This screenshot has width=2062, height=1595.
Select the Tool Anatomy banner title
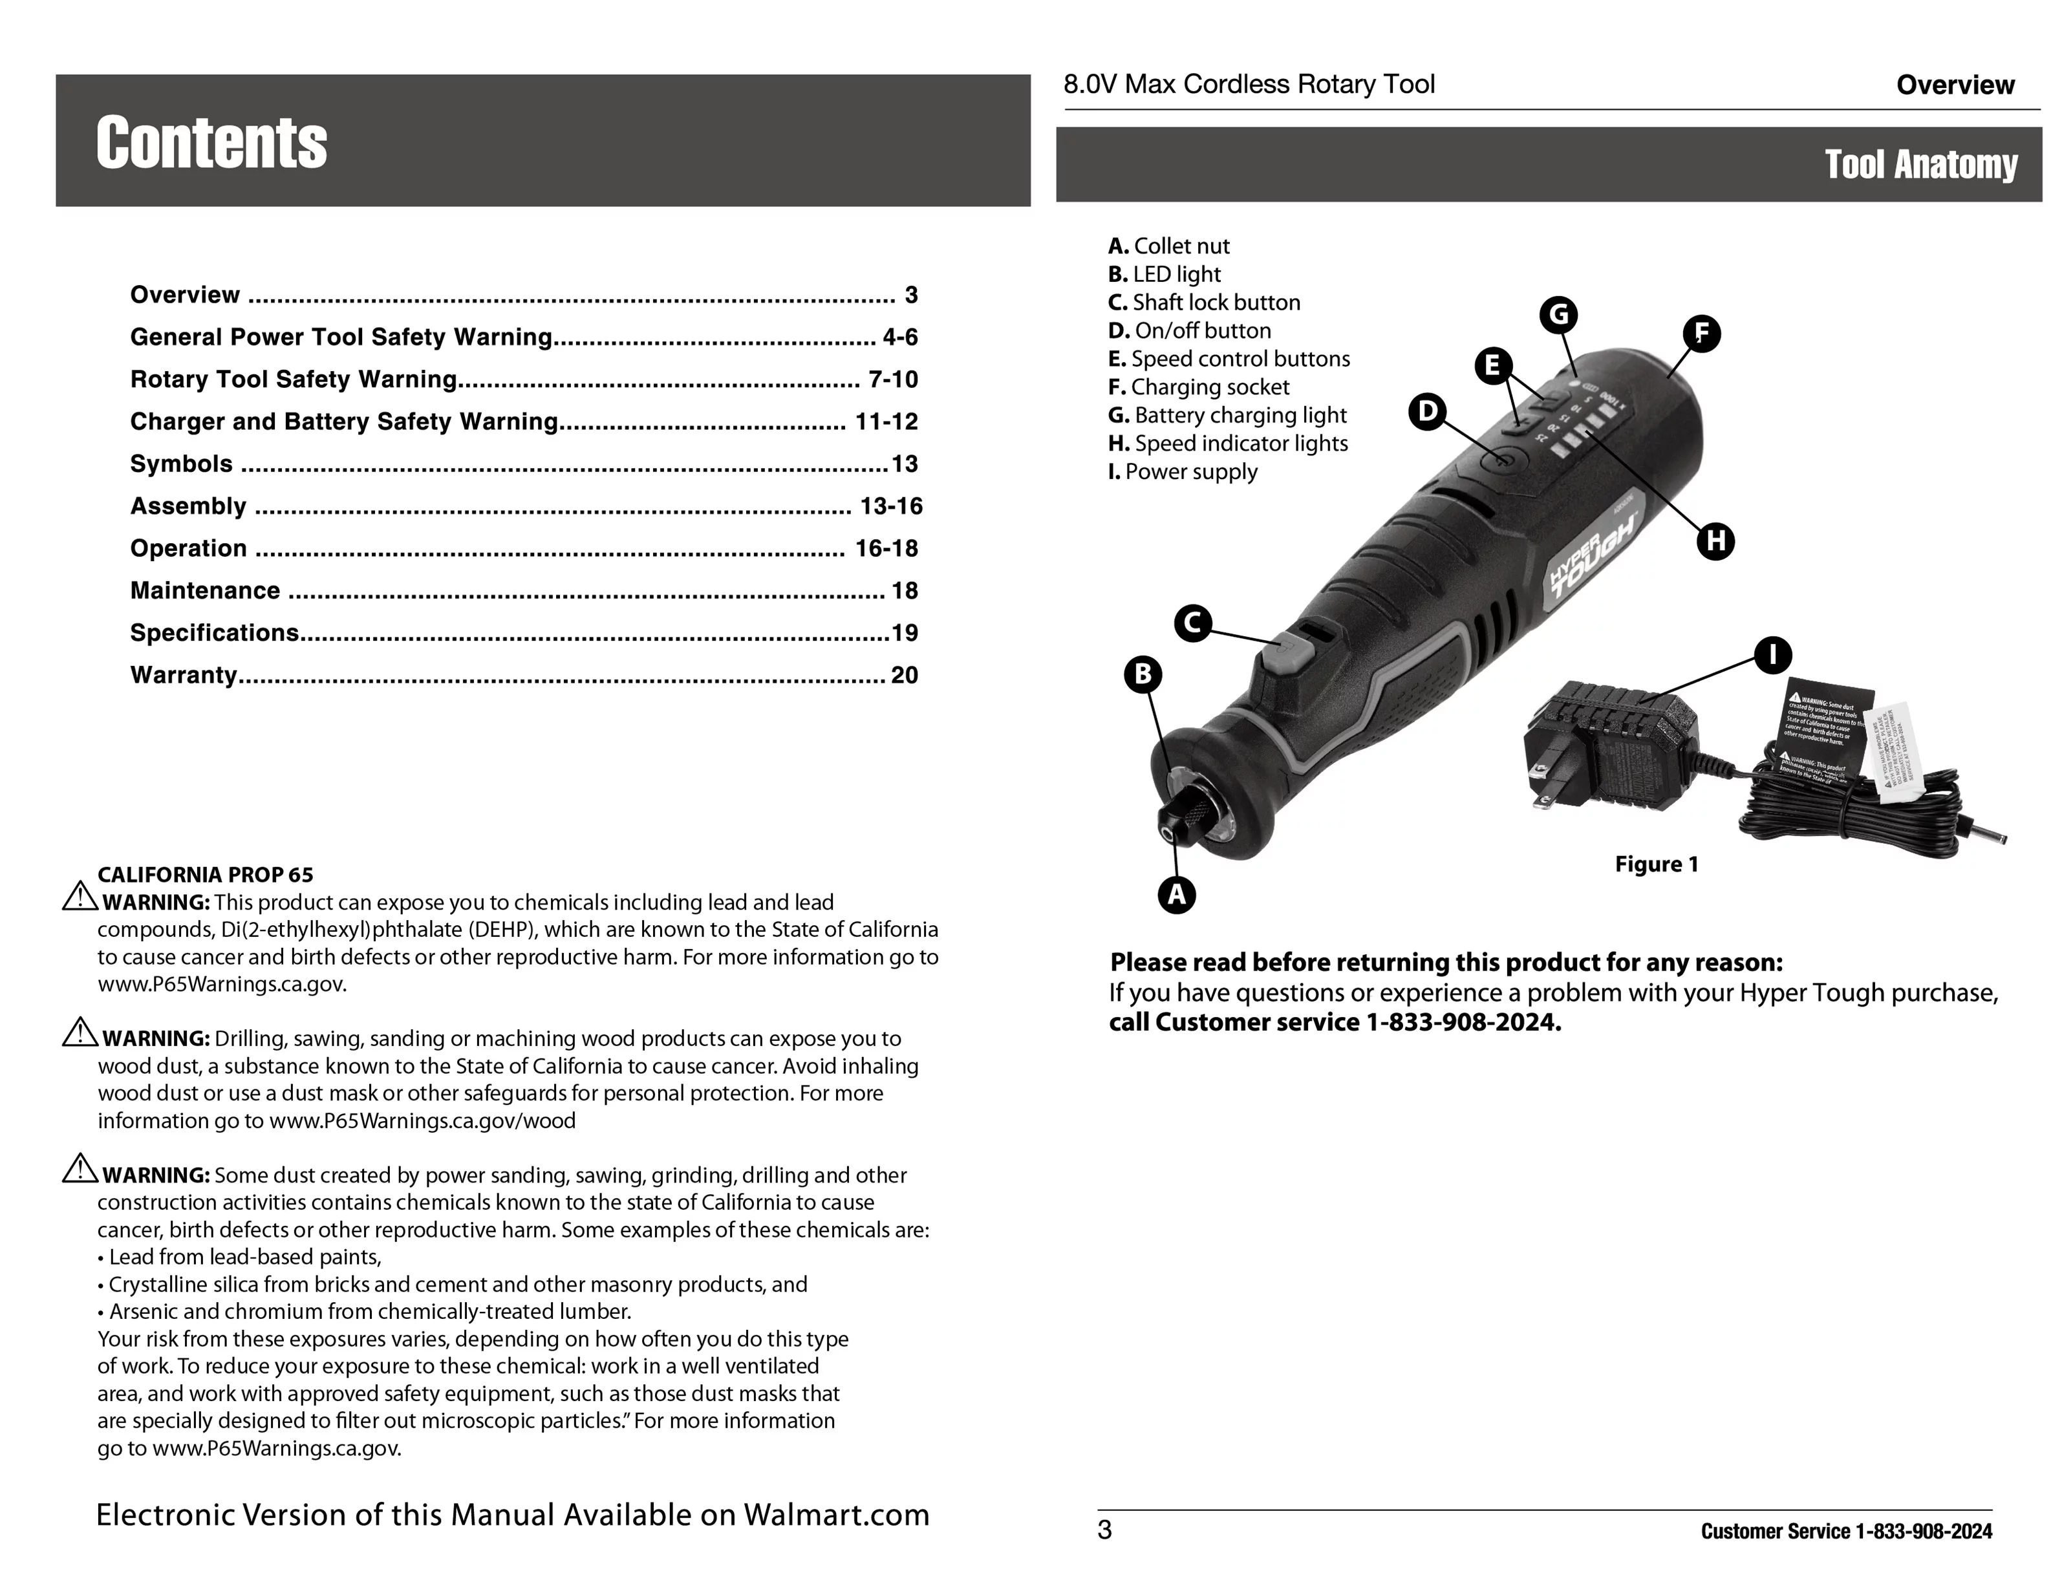(x=1920, y=164)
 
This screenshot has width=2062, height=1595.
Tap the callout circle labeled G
(x=1559, y=314)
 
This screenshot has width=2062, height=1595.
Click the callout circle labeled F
(x=1701, y=333)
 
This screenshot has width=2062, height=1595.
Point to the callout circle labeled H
(x=1715, y=542)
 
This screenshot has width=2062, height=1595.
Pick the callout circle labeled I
(x=1772, y=655)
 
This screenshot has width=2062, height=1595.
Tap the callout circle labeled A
(x=1176, y=894)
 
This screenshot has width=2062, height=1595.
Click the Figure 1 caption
(x=1656, y=864)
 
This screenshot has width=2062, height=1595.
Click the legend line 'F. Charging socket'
(x=1198, y=387)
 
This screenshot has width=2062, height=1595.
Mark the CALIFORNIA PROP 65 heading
(x=205, y=875)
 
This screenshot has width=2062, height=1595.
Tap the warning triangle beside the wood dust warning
(x=80, y=1033)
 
